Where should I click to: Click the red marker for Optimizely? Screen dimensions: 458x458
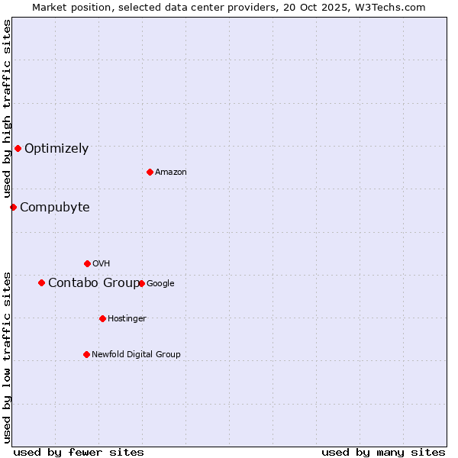point(18,148)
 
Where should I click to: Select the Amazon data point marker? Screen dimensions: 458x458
point(150,172)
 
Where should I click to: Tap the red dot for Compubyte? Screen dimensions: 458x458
point(13,207)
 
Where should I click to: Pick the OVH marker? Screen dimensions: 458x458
point(87,263)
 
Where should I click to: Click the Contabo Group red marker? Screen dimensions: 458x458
point(41,282)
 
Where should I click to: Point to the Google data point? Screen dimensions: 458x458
point(141,283)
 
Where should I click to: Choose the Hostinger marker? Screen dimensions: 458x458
point(102,318)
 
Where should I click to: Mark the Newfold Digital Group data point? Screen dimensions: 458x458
point(86,354)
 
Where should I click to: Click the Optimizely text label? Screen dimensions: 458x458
point(56,148)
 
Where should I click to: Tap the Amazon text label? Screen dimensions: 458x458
point(171,173)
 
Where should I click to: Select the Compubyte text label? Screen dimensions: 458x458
point(54,207)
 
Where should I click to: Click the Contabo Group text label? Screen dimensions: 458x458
point(92,282)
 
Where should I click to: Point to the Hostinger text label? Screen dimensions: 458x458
point(127,319)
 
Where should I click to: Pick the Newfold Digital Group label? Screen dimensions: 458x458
point(136,354)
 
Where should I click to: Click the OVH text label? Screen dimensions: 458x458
point(102,264)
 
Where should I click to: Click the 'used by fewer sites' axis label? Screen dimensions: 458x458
point(79,452)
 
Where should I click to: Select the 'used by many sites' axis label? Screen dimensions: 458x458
point(383,452)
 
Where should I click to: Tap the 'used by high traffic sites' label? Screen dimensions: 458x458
point(7,109)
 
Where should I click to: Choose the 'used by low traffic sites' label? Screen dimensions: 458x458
point(7,357)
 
